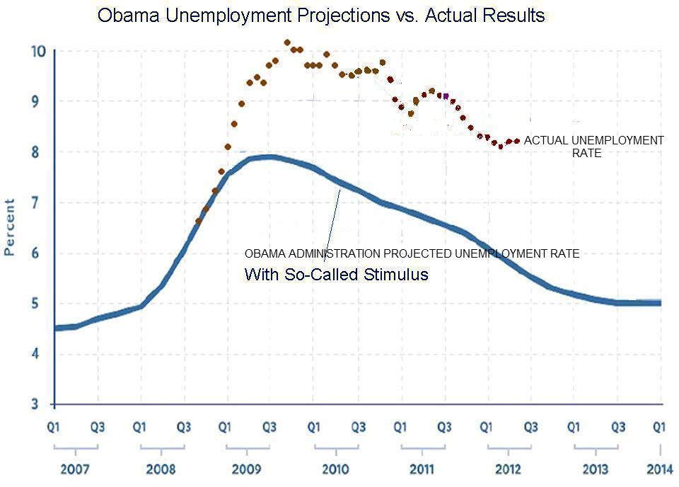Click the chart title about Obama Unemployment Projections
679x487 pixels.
tap(321, 16)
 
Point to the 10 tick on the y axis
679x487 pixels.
tap(38, 51)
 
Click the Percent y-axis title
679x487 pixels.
tap(10, 227)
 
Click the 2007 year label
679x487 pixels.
tap(75, 469)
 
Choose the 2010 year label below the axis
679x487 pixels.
tap(335, 469)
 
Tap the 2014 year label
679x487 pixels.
tap(659, 469)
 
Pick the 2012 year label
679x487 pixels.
tap(508, 469)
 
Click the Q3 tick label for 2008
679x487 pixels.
tap(184, 427)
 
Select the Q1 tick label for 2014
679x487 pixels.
tap(659, 427)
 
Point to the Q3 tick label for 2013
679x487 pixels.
tap(617, 427)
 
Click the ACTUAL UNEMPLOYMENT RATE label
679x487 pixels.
tap(593, 146)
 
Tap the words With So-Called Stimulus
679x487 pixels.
tap(337, 275)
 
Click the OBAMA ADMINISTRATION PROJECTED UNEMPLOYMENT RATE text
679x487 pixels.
tap(412, 253)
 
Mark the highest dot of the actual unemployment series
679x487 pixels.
tap(287, 42)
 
